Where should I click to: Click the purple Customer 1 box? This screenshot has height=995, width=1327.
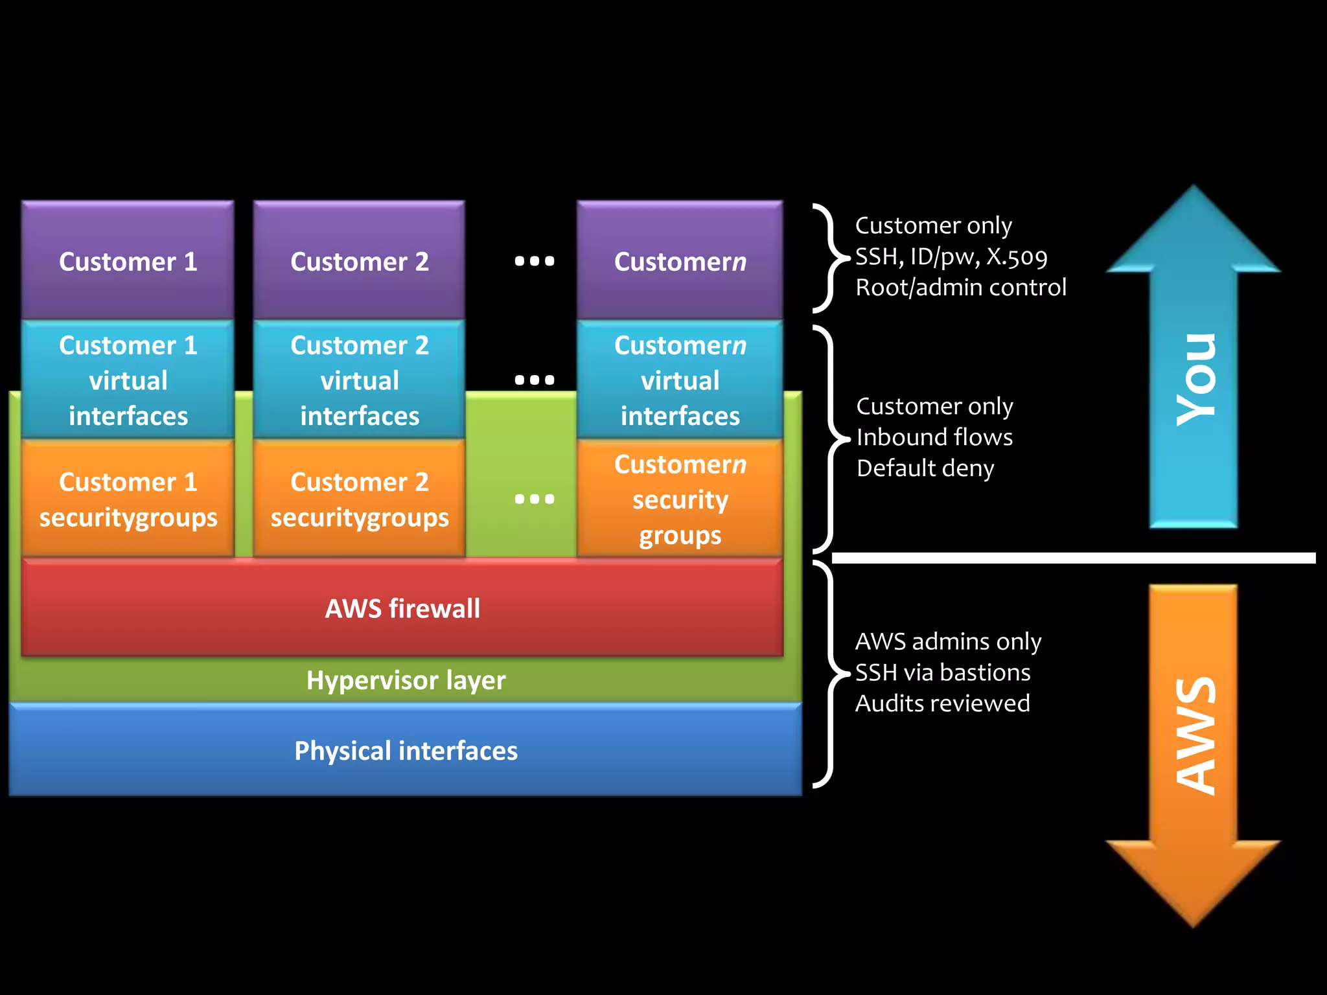click(x=128, y=261)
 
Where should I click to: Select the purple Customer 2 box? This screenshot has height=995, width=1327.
click(x=359, y=261)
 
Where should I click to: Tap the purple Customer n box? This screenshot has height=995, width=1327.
click(x=680, y=261)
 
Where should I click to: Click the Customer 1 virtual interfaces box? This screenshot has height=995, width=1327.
click(x=128, y=380)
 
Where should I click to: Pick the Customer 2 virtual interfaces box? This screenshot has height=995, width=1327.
click(x=359, y=380)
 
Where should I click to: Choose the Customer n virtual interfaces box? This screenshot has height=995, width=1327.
click(x=680, y=380)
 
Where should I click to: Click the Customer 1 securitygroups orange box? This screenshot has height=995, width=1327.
click(x=128, y=499)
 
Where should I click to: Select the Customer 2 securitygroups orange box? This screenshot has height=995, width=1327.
click(x=359, y=499)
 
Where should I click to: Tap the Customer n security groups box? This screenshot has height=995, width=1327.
click(x=680, y=499)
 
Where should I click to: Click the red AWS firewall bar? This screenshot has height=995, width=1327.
click(x=402, y=608)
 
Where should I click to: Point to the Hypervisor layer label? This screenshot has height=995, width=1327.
click(x=406, y=680)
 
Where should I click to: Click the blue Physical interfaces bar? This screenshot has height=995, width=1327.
click(x=406, y=750)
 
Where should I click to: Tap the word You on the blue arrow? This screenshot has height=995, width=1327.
click(x=1195, y=380)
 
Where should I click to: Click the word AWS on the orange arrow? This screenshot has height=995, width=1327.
click(x=1195, y=735)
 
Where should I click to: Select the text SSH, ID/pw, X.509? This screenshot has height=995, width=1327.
click(x=951, y=257)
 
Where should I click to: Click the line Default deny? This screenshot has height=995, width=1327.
click(x=925, y=468)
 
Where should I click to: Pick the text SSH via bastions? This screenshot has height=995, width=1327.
click(x=942, y=672)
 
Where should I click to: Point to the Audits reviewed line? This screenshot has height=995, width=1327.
click(x=942, y=703)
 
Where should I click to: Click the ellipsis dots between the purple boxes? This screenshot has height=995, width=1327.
click(x=535, y=261)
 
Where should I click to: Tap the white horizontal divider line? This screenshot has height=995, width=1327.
click(x=1072, y=558)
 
